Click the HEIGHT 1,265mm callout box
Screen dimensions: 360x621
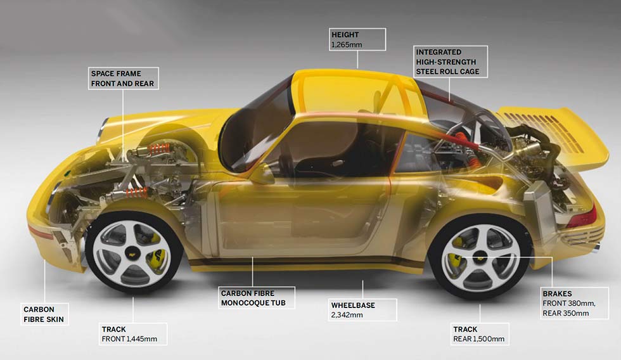pyautogui.click(x=357, y=39)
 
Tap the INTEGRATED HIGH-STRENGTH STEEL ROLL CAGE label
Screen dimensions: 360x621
pyautogui.click(x=450, y=61)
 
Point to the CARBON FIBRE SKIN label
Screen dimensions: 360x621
pyautogui.click(x=43, y=314)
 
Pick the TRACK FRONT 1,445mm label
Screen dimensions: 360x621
pyautogui.click(x=133, y=334)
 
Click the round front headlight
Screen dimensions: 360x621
pyautogui.click(x=102, y=131)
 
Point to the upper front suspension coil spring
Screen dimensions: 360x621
pyautogui.click(x=158, y=150)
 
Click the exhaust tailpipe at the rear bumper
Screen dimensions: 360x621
pyautogui.click(x=598, y=245)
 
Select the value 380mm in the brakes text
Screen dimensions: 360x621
pyautogui.click(x=581, y=304)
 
